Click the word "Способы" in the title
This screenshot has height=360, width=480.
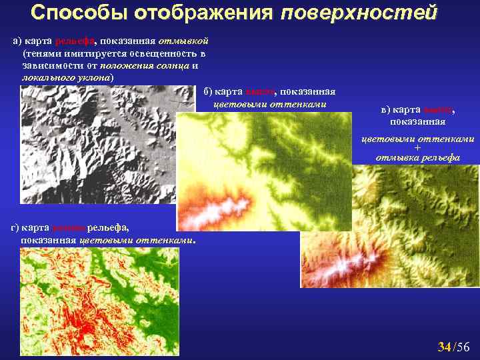pos(72,13)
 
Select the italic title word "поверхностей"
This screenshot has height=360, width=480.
pos(359,13)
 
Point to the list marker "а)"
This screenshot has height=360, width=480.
pos(18,42)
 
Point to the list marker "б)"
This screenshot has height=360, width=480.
pos(207,92)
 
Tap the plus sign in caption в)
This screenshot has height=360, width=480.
pos(418,148)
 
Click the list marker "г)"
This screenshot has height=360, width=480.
pos(15,228)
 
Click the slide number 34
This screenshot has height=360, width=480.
pos(444,346)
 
